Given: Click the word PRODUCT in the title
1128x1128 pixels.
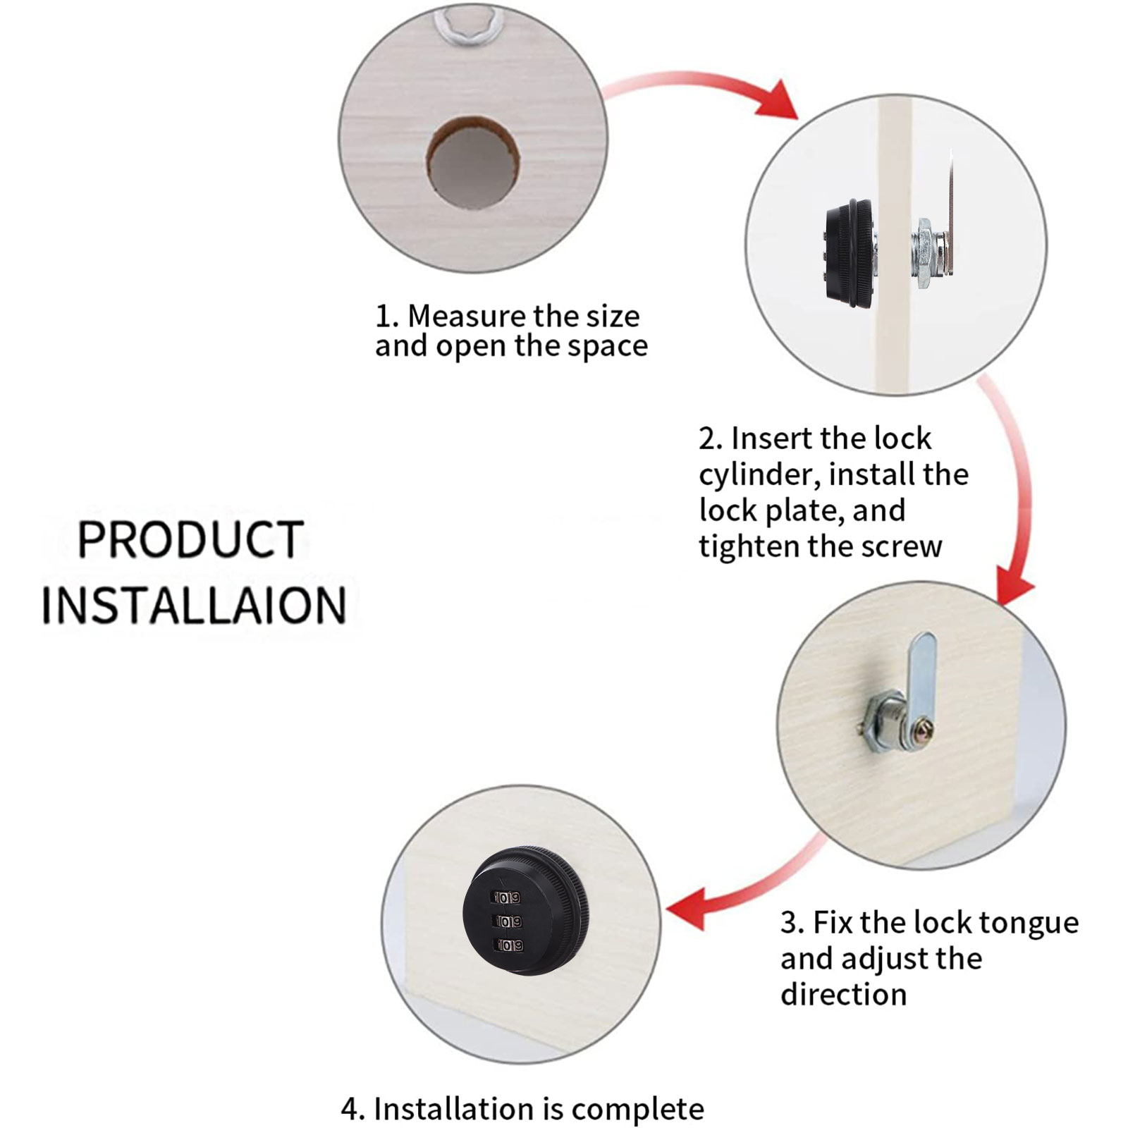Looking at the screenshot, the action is [190, 539].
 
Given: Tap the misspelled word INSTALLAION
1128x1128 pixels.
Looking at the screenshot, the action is [194, 605].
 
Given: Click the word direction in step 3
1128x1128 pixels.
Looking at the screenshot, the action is [843, 995].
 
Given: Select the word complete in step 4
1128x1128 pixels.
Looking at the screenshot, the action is [638, 1110].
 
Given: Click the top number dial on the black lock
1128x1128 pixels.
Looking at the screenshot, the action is [507, 898].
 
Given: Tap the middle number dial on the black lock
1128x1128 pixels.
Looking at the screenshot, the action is [508, 921].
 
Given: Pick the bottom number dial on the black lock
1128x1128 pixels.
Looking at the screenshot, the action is [509, 945].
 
